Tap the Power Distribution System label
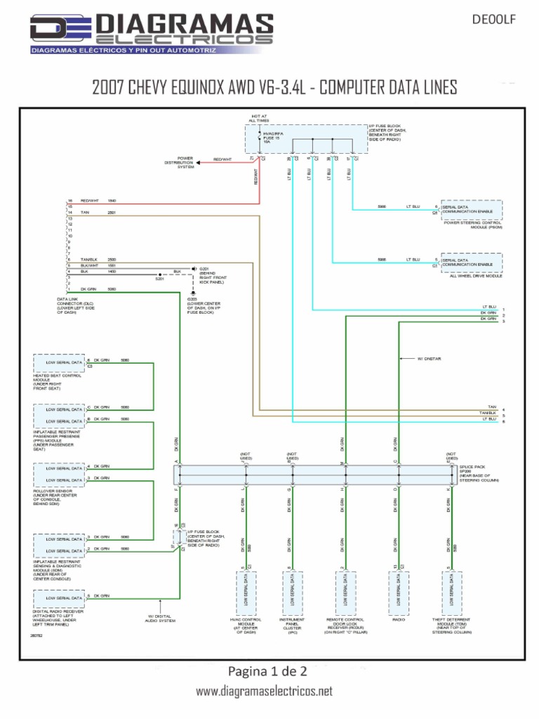tap(180, 163)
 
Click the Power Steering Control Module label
tap(473, 225)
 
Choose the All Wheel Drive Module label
tap(476, 276)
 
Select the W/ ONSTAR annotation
tap(428, 358)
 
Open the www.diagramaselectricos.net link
tap(264, 692)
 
